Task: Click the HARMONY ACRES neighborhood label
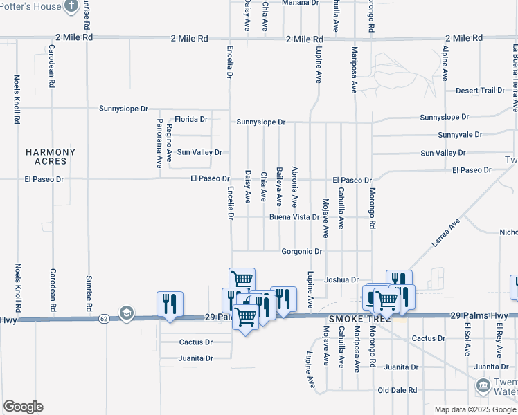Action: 46,156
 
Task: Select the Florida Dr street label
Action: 191,119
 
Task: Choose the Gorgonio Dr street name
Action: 303,251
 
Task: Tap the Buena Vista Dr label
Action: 294,217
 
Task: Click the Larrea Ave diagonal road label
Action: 446,235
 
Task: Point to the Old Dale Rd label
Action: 397,391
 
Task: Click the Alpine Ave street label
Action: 445,62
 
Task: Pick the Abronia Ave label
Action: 294,187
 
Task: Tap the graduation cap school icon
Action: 125,313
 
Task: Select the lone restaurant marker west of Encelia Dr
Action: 170,304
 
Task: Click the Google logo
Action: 23,407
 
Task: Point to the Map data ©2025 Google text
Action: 475,409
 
